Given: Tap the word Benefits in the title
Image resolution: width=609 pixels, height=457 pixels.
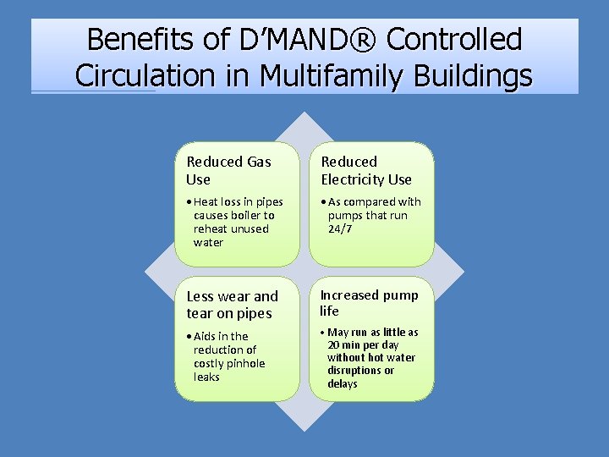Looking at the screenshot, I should [140, 39].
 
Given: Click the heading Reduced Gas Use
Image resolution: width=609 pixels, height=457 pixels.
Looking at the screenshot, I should [228, 170].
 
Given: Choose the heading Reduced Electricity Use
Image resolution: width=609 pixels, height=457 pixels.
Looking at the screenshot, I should [365, 170].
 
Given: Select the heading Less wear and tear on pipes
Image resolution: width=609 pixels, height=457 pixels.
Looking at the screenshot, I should [232, 305].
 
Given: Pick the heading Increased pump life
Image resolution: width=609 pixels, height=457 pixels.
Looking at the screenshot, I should [369, 303].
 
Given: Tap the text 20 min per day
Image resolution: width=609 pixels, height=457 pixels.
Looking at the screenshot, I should [365, 345].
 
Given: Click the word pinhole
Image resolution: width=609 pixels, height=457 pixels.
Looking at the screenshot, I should [245, 363].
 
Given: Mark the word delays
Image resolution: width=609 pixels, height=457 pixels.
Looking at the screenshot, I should [342, 384].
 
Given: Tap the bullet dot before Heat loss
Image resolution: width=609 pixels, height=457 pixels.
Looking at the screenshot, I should [189, 202].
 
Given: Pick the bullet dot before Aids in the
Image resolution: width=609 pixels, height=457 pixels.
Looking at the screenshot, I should [189, 337].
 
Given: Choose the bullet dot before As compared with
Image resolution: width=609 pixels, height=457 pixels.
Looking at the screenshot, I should [323, 202].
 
